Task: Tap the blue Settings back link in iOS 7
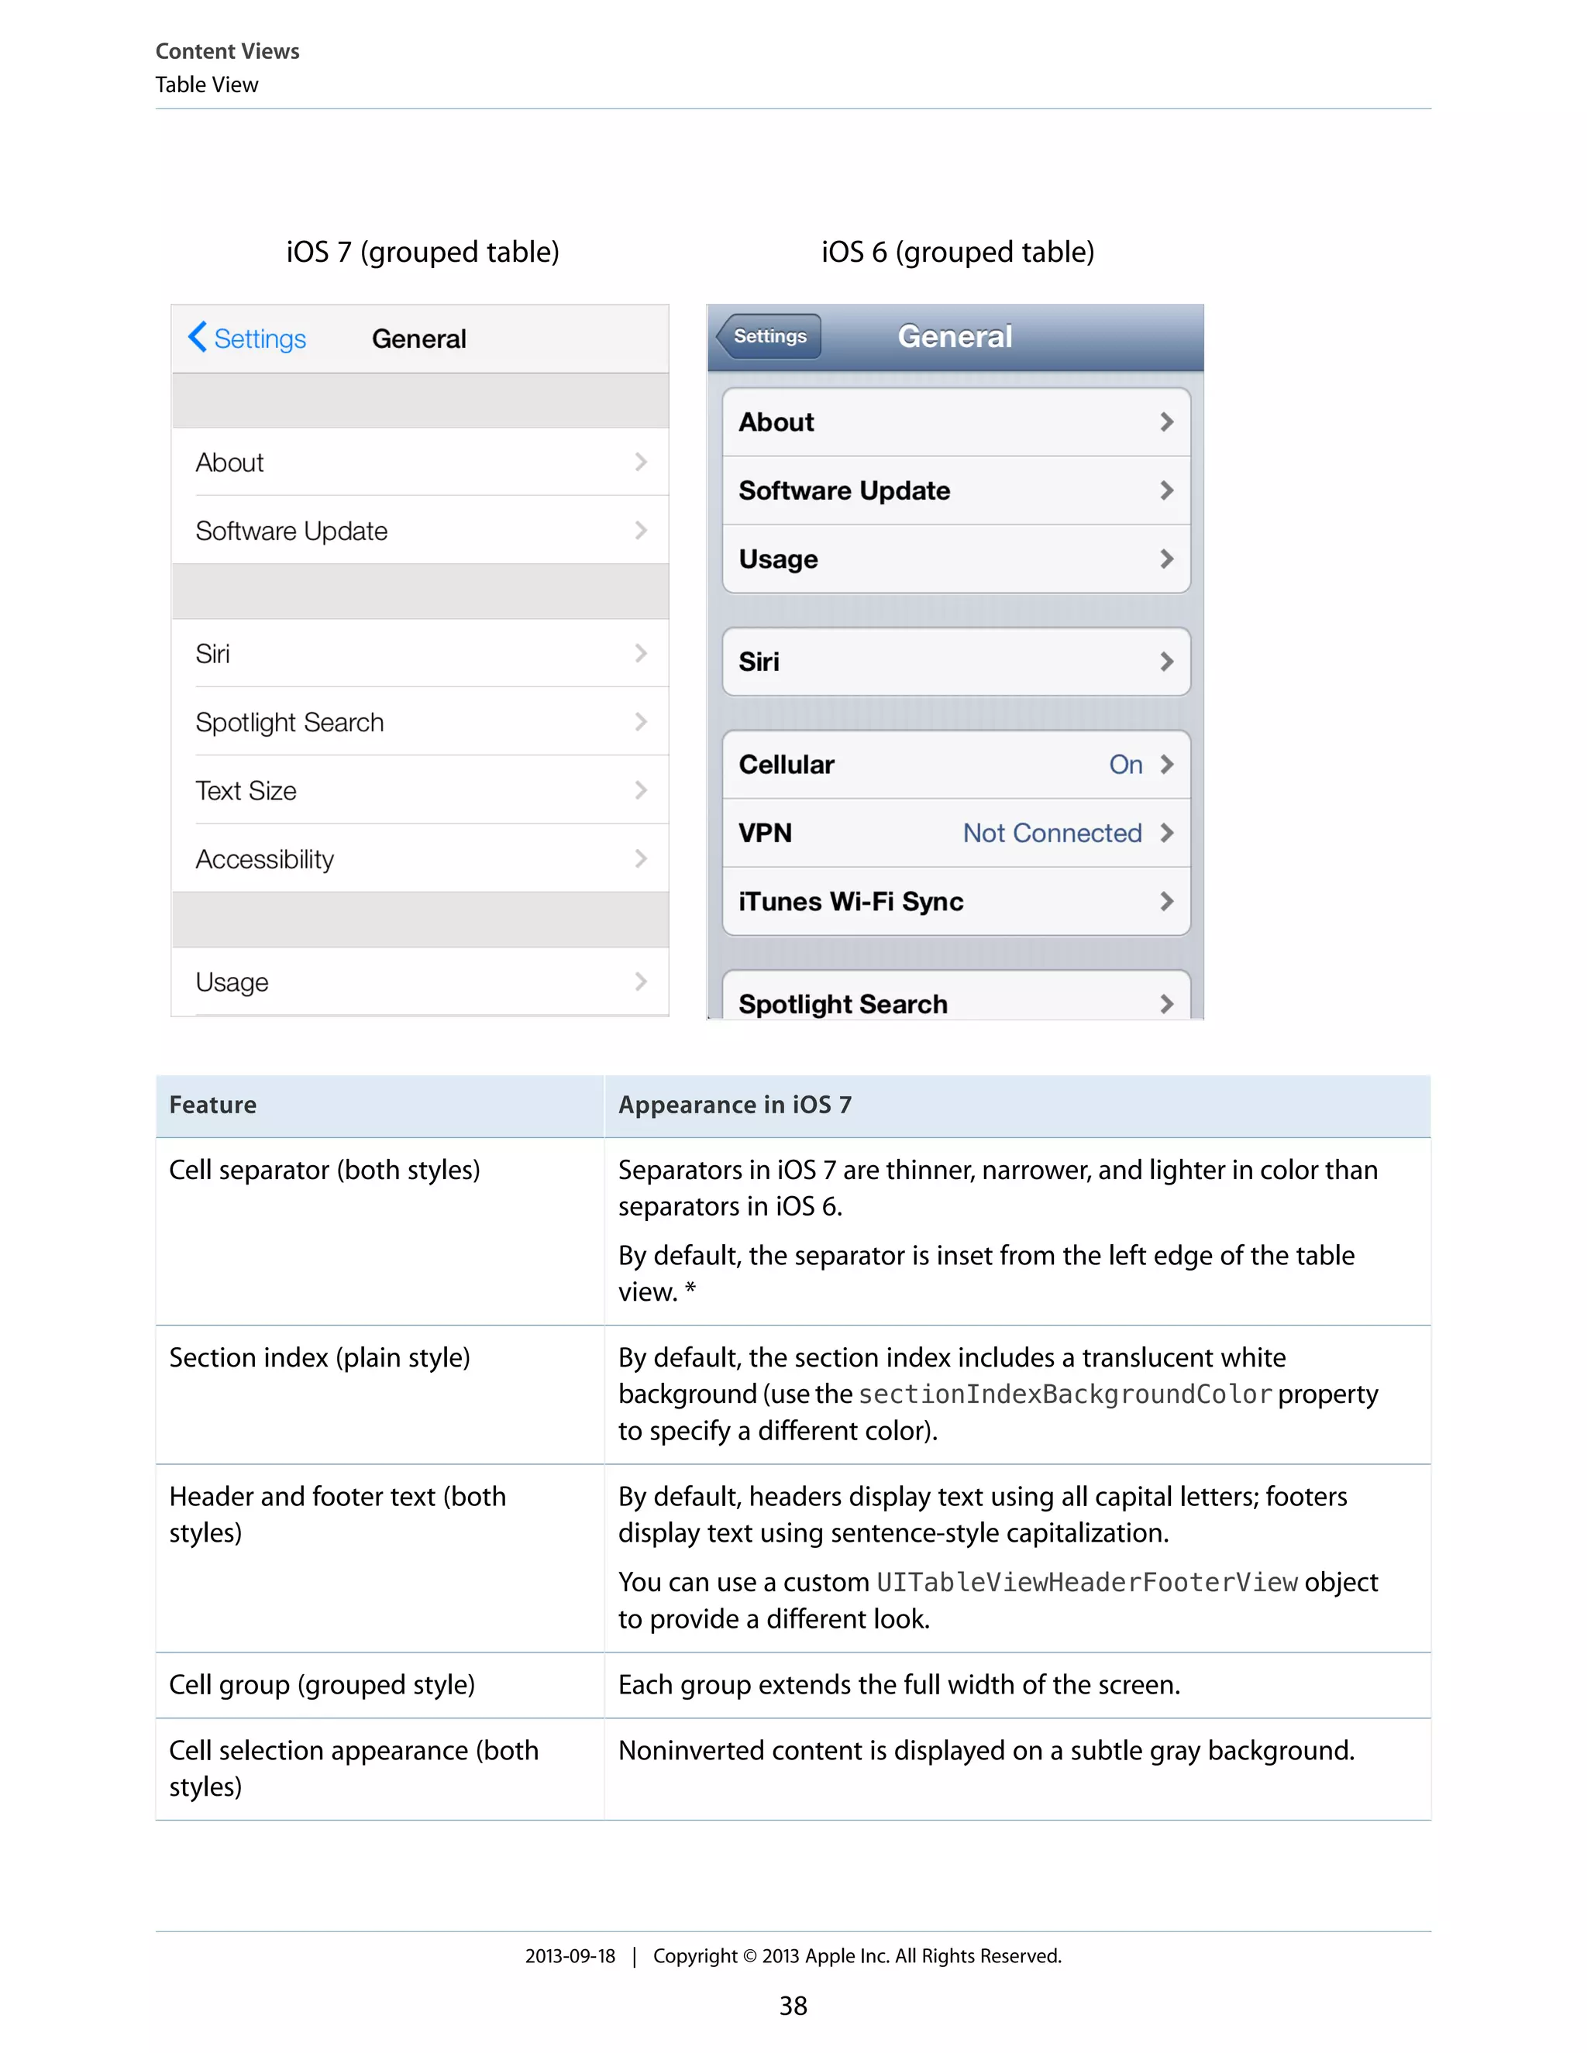pos(248,339)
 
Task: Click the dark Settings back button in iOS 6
pos(769,336)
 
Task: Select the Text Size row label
pos(246,790)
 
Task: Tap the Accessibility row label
pos(265,859)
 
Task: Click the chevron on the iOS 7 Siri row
pos(640,653)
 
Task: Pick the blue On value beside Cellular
pos(1125,764)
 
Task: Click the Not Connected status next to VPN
pos(1052,833)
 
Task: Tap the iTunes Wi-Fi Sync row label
pos(851,902)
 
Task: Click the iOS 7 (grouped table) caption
pos(423,252)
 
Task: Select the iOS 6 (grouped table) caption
pos(958,252)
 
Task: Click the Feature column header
pos(212,1105)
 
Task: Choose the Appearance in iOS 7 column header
pos(735,1105)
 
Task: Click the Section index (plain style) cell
pos(320,1357)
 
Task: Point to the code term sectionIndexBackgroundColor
pos(1065,1394)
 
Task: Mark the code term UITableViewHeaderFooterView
pos(1087,1582)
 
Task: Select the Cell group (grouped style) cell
pos(322,1684)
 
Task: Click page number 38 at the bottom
pos(793,2006)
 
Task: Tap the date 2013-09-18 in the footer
pos(570,1956)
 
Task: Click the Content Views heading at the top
pos(228,51)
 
